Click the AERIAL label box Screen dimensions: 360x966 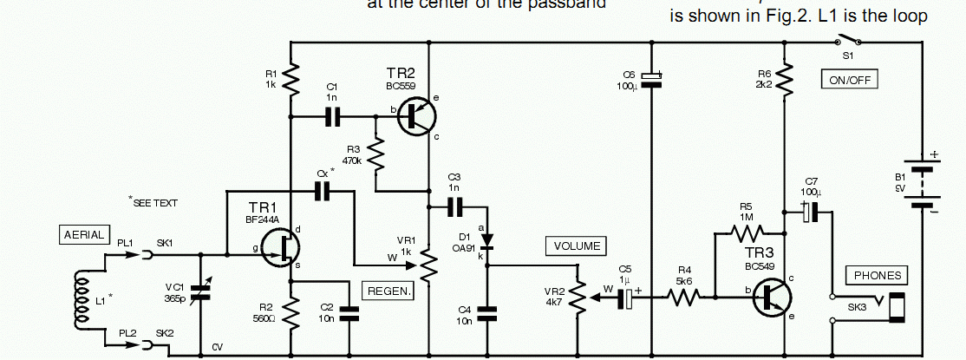83,234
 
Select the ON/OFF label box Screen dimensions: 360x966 850,81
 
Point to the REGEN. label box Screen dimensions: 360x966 388,291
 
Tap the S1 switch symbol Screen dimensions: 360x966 846,43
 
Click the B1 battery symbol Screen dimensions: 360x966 923,185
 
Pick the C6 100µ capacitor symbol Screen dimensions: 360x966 651,79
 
